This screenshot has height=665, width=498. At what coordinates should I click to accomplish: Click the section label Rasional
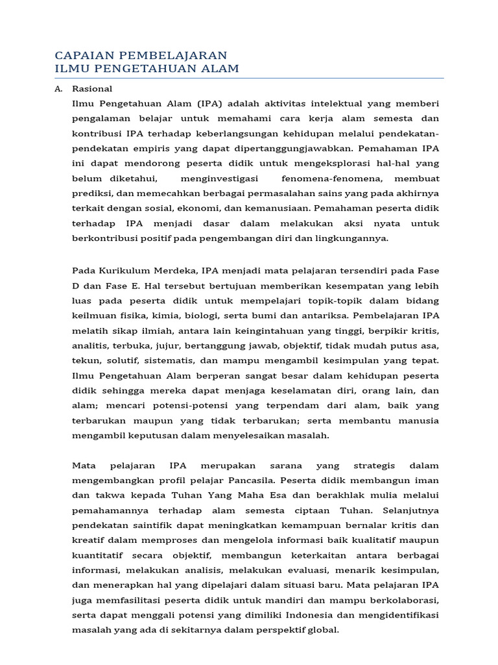coord(92,89)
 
